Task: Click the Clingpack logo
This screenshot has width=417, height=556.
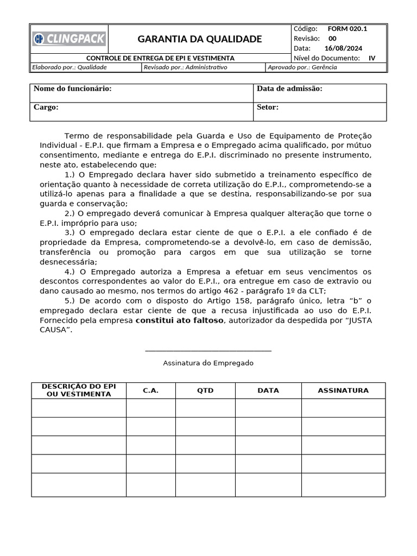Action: pos(69,39)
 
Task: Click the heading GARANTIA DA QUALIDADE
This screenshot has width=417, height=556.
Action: pos(199,39)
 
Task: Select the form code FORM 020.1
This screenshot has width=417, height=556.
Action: pos(347,28)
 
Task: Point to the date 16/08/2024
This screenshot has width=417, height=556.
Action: pos(347,48)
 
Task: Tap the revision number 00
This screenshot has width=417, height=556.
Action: pos(332,38)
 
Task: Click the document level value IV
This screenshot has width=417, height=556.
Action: pos(371,58)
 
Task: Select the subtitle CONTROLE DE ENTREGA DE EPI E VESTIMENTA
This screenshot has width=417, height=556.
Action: pos(161,58)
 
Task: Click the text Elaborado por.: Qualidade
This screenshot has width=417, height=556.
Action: pos(69,67)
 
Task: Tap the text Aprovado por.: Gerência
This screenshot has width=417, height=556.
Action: pos(302,67)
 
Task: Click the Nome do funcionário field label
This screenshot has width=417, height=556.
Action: pos(72,89)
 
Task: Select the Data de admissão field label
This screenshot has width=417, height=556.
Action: pos(289,89)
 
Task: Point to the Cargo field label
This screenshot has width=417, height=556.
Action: pos(46,107)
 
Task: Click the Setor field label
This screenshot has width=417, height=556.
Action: pos(268,107)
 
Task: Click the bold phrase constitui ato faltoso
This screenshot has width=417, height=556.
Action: pos(179,320)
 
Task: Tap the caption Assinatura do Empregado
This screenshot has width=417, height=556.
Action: pos(208,363)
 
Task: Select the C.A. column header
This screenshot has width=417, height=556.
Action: pos(150,390)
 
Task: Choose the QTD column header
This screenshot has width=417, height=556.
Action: pos(205,390)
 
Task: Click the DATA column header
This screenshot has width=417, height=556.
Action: pos(268,390)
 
